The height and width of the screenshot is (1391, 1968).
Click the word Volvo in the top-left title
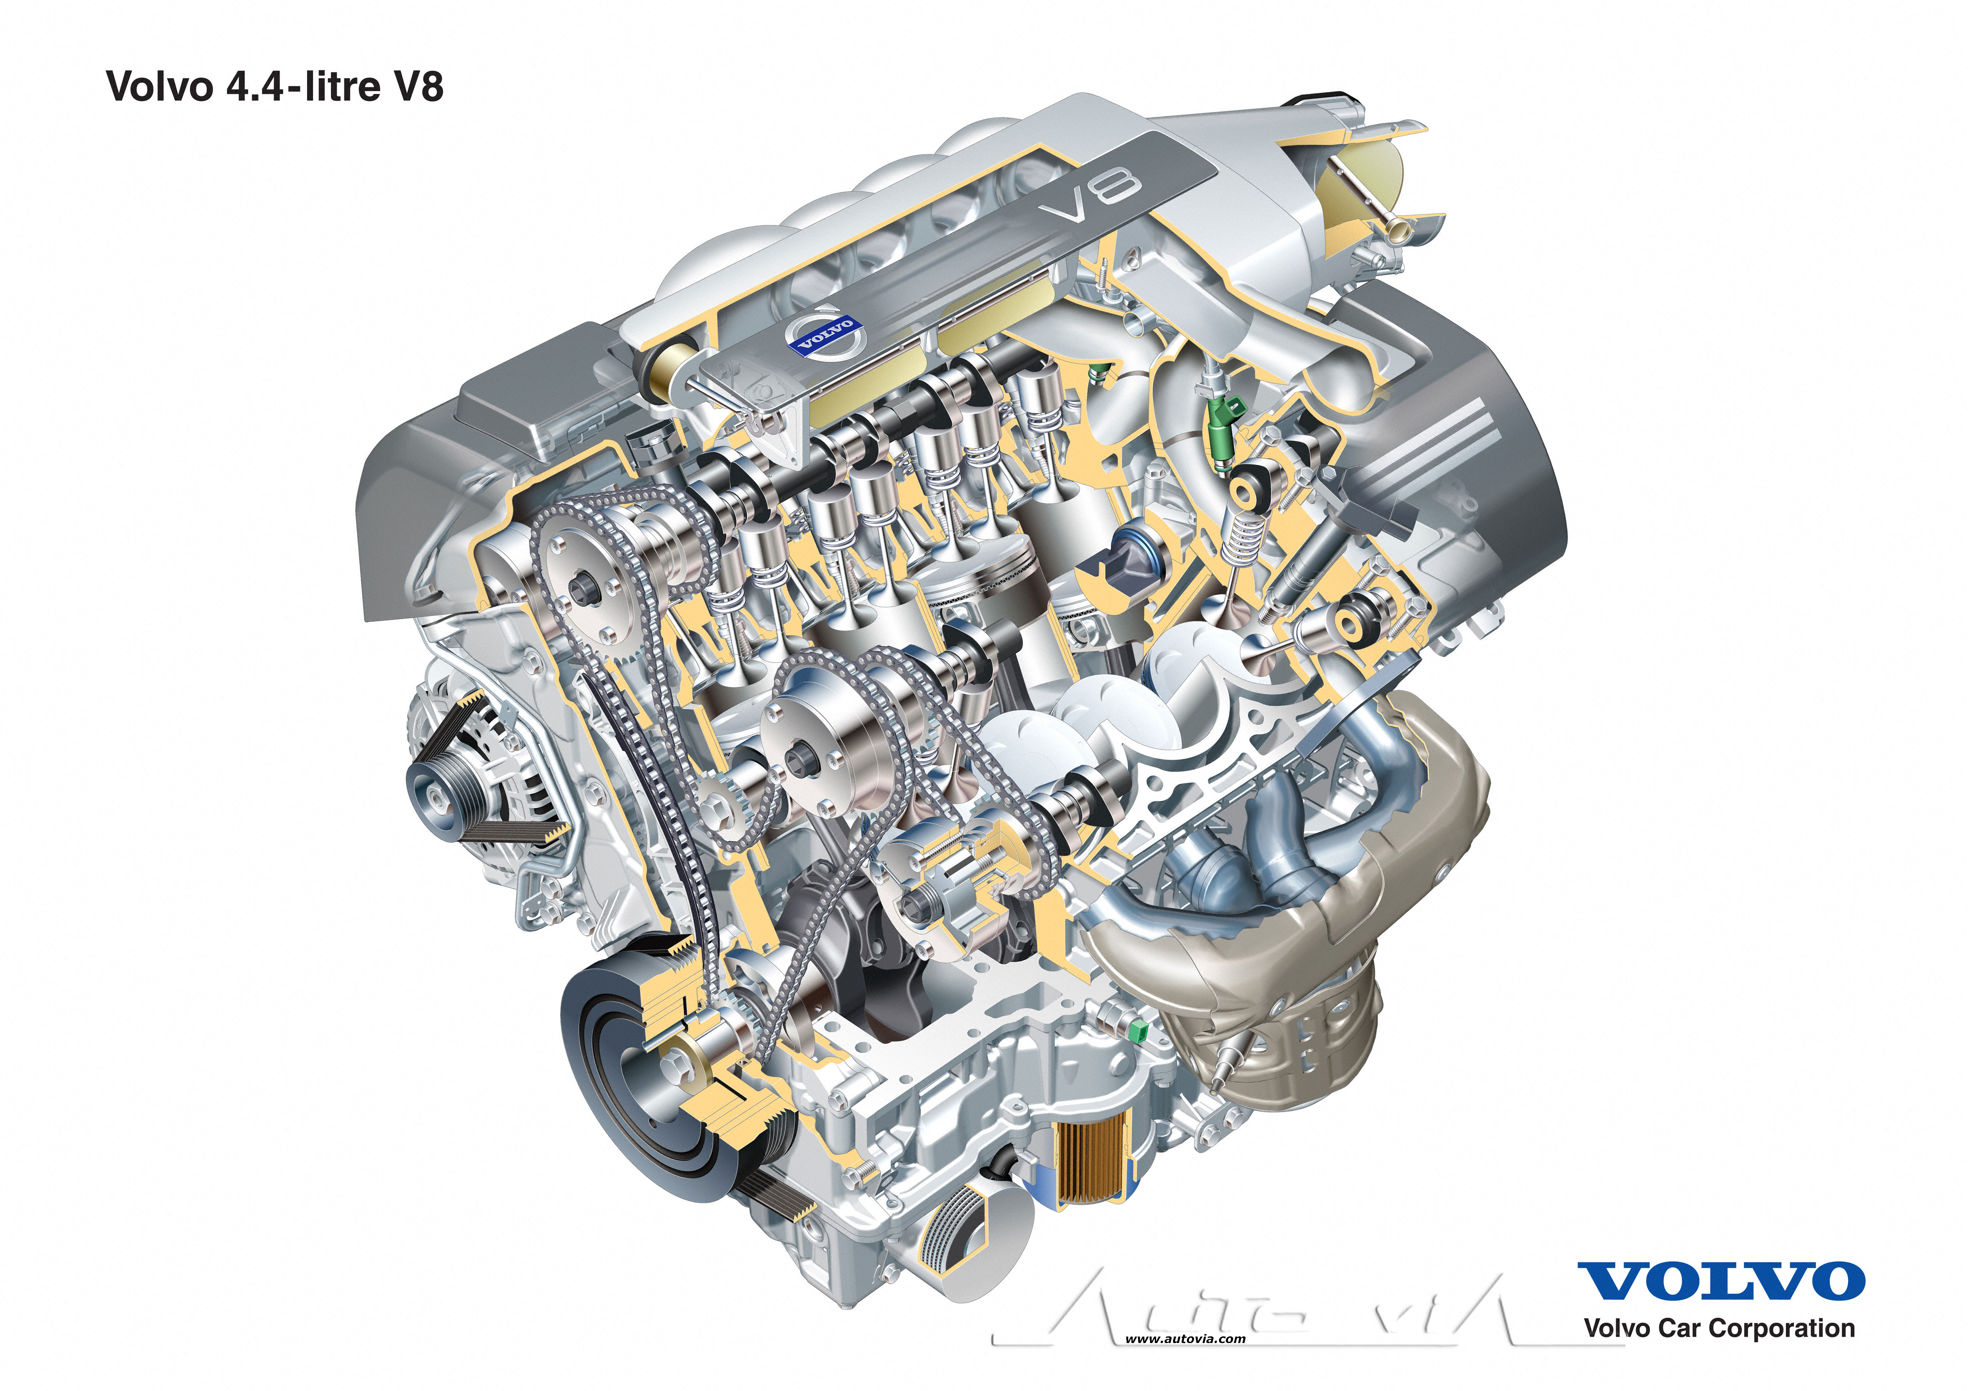point(159,87)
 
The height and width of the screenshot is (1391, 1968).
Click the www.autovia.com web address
point(1185,1339)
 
